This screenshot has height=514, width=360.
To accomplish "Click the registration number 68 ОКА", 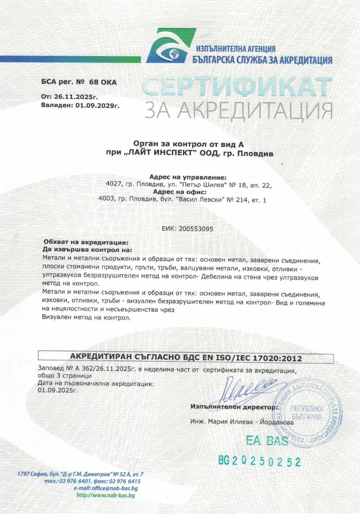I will [103, 82].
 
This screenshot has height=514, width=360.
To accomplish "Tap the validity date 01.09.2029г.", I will [97, 105].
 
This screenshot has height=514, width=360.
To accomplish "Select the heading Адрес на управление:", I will [188, 177].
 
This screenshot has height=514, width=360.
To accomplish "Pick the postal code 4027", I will [113, 185].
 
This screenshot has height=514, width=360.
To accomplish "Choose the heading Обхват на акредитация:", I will [86, 242].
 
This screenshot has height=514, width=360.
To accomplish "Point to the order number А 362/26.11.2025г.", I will [106, 369].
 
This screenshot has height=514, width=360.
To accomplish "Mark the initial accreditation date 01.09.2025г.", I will [58, 390].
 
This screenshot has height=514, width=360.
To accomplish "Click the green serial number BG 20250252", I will [259, 461].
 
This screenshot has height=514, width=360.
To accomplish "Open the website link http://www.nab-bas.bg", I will [106, 495].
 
